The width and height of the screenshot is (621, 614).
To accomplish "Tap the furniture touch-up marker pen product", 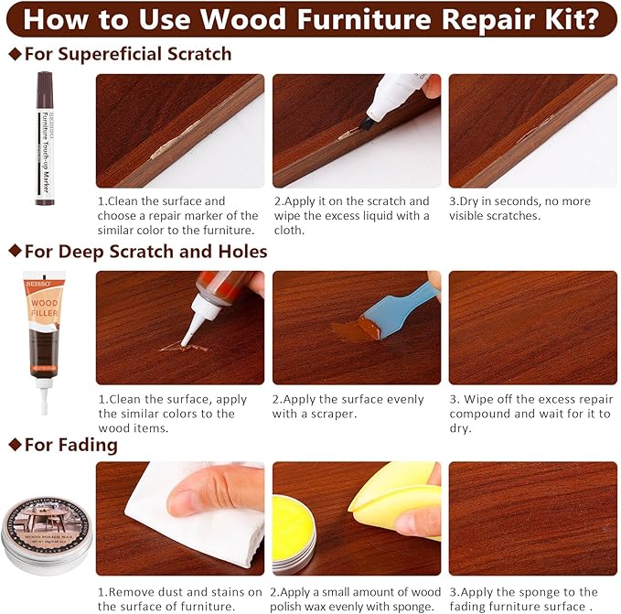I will tap(45, 137).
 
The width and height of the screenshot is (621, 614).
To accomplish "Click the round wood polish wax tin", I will tap(43, 525).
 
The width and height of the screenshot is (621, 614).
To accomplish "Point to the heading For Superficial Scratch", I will tap(127, 54).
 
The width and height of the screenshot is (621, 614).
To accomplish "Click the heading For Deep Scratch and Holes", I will tap(145, 251).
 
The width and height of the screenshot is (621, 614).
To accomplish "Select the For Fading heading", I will tap(70, 446).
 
